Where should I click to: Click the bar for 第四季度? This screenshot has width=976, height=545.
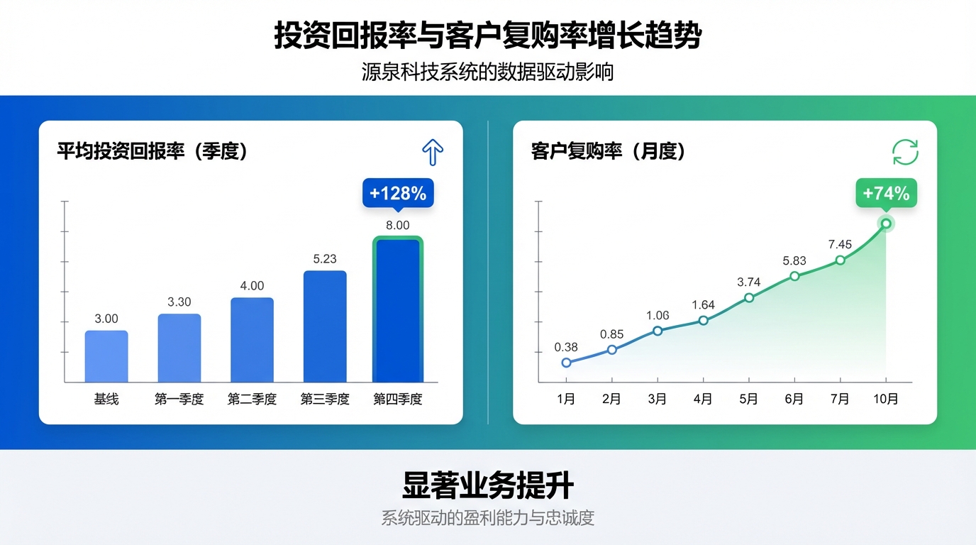pyautogui.click(x=398, y=311)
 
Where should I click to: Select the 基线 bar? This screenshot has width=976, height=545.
pyautogui.click(x=106, y=356)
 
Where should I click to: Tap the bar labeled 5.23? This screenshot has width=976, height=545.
pyautogui.click(x=325, y=326)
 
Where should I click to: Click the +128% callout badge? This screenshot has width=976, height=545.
pyautogui.click(x=398, y=193)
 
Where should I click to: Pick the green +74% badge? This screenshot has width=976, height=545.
pyautogui.click(x=886, y=193)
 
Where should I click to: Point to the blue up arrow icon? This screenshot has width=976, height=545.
pyautogui.click(x=433, y=152)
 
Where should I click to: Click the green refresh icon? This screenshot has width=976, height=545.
pyautogui.click(x=905, y=152)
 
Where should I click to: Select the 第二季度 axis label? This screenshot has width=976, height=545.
pyautogui.click(x=252, y=400)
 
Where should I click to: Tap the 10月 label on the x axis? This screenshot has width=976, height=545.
pyautogui.click(x=885, y=400)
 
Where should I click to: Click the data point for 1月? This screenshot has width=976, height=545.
pyautogui.click(x=566, y=363)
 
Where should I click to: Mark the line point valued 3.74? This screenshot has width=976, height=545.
pyautogui.click(x=749, y=297)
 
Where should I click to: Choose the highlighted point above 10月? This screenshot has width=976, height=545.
pyautogui.click(x=886, y=224)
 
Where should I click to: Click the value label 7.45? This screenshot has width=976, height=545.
pyautogui.click(x=840, y=245)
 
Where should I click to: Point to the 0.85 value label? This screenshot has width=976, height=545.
pyautogui.click(x=611, y=334)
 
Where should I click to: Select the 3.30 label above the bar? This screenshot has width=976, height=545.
pyautogui.click(x=179, y=302)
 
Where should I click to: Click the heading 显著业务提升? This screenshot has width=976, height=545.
pyautogui.click(x=488, y=487)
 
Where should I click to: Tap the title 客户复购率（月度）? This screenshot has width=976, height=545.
pyautogui.click(x=608, y=151)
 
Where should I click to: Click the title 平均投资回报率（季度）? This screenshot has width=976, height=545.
pyautogui.click(x=152, y=151)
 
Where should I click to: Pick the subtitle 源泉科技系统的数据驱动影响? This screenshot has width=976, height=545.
pyautogui.click(x=488, y=72)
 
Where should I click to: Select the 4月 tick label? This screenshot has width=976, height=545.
pyautogui.click(x=703, y=400)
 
